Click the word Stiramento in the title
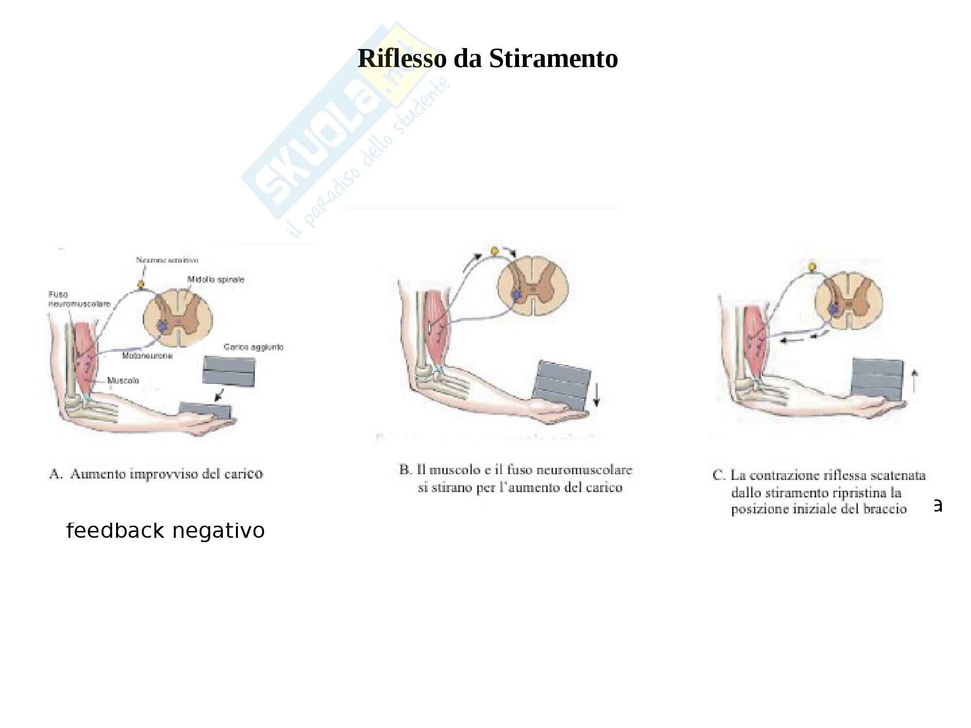[553, 59]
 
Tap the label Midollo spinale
[216, 280]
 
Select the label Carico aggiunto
[253, 347]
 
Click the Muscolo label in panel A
[123, 381]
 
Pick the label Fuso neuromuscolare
[79, 299]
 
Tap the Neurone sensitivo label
[167, 260]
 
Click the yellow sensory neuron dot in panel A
[141, 283]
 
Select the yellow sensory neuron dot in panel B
[495, 251]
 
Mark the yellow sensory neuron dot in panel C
[810, 266]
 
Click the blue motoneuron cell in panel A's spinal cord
[162, 327]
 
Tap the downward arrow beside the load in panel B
[597, 395]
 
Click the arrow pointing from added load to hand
[219, 395]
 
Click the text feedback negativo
[166, 530]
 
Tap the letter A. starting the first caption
[56, 474]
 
